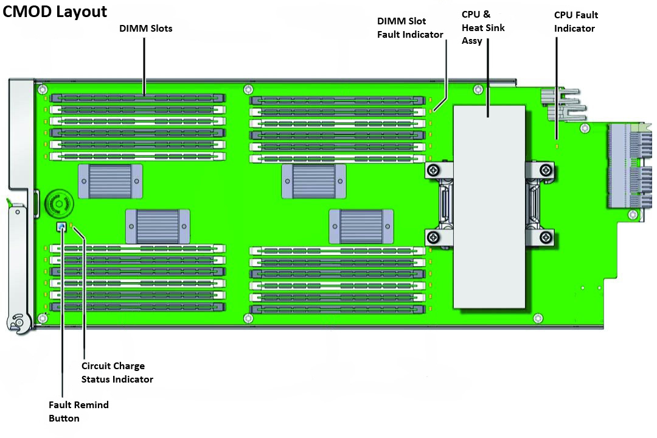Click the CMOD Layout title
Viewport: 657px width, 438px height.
(x=55, y=12)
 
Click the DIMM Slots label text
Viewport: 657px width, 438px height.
(x=145, y=28)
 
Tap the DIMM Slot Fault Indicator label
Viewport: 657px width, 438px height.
(x=410, y=28)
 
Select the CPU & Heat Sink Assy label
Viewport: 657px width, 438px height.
(x=483, y=27)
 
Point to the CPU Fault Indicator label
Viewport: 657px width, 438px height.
(x=575, y=21)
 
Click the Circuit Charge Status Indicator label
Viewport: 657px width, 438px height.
(x=117, y=372)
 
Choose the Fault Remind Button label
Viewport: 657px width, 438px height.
(x=78, y=411)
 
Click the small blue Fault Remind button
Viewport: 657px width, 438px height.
(x=61, y=227)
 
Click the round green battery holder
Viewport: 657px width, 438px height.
(x=60, y=202)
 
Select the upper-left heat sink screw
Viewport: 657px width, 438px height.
(x=433, y=170)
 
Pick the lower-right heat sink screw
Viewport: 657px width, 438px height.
(x=546, y=237)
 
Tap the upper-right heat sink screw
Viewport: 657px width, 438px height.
(x=546, y=170)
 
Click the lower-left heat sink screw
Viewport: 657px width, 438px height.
(x=433, y=237)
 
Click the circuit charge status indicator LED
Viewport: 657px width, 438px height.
(x=72, y=227)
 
